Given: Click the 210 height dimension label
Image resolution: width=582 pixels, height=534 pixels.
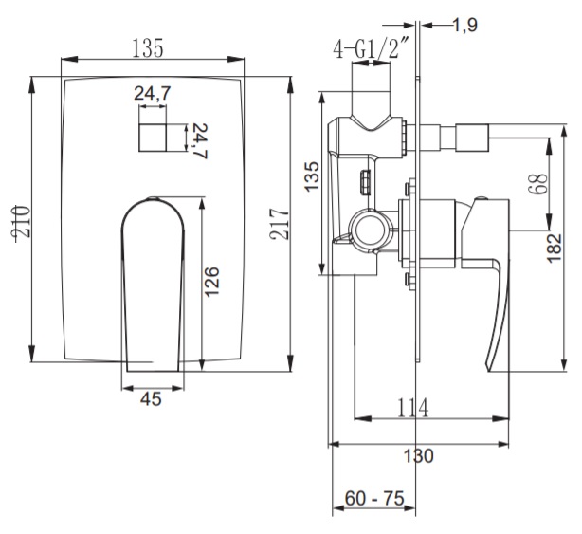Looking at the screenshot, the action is (x=21, y=222).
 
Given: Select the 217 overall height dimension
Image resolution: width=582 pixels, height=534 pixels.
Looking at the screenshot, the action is (x=280, y=224).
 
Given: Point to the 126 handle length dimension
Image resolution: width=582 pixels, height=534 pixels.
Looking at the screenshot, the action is (x=212, y=282).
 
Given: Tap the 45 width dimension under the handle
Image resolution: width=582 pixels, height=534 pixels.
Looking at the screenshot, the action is (x=151, y=399).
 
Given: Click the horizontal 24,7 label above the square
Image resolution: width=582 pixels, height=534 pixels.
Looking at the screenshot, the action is (x=153, y=93).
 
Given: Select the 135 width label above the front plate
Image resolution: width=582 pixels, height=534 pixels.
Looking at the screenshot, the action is (x=148, y=48).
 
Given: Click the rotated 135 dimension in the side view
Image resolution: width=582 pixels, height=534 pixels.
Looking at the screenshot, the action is (x=312, y=176).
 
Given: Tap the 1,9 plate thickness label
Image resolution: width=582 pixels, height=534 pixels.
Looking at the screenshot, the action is (x=465, y=26).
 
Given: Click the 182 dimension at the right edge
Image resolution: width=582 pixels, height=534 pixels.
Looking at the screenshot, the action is (x=555, y=249).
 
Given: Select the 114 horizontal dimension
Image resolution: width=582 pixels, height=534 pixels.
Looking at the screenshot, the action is (x=412, y=408).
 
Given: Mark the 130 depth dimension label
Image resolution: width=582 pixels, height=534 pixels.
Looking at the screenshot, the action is (x=418, y=455).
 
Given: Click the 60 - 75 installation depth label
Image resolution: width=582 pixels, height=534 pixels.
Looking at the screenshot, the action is (x=374, y=498).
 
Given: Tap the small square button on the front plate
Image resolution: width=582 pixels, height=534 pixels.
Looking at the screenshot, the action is (x=153, y=138).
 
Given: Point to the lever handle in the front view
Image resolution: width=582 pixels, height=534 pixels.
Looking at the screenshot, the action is (x=153, y=285).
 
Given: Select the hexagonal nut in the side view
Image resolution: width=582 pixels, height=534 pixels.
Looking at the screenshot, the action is (x=366, y=181).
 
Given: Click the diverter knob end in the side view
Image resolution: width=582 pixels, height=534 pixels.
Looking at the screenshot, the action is (x=472, y=138).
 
